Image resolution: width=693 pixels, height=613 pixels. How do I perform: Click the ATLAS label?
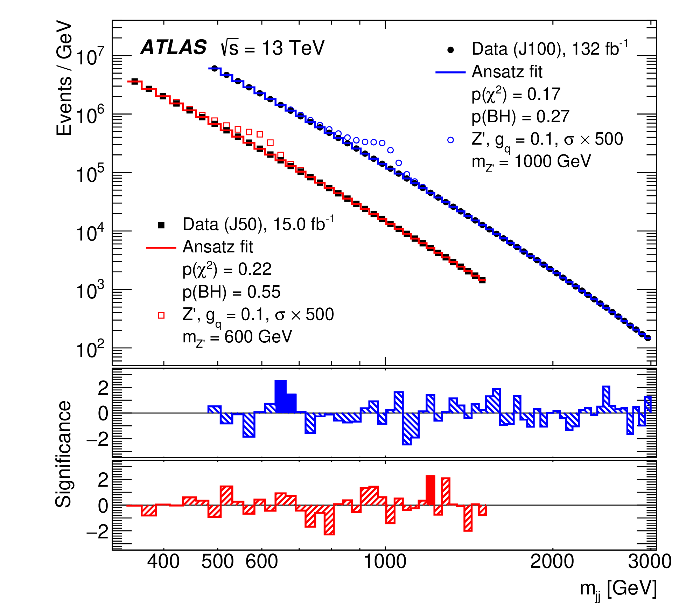click(x=174, y=47)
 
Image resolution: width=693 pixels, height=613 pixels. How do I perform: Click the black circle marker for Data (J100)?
click(x=451, y=50)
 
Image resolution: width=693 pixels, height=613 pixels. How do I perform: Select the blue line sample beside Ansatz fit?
click(x=450, y=72)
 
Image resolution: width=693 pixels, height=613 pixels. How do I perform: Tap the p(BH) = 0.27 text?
click(x=520, y=117)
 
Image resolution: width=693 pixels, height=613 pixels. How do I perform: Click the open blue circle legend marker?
click(x=451, y=140)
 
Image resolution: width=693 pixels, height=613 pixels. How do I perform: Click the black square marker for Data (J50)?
click(x=161, y=225)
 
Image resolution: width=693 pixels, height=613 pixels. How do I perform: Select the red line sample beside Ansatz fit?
click(x=161, y=248)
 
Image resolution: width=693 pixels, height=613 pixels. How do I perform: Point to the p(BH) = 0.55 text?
click(x=231, y=292)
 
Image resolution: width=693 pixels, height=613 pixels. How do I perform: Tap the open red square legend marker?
click(x=161, y=315)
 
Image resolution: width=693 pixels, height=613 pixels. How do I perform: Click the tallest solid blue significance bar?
click(x=281, y=396)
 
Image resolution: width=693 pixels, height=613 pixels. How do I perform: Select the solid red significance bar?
click(x=430, y=490)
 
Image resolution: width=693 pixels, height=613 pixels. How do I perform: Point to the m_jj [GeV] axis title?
click(x=618, y=589)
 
